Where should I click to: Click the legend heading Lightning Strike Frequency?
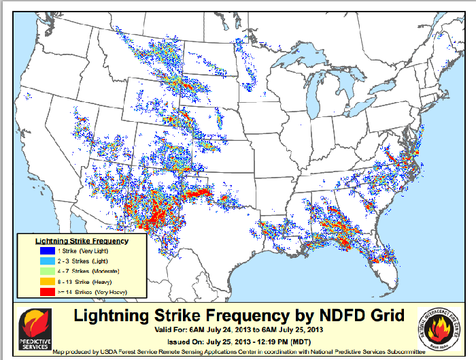tap(82, 241)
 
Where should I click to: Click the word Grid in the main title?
tap(387, 315)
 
